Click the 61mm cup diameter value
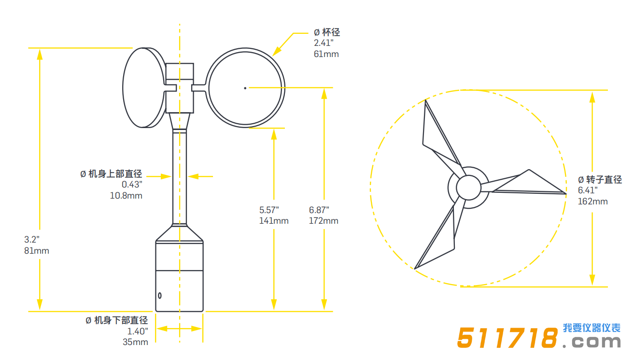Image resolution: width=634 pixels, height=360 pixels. click(326, 54)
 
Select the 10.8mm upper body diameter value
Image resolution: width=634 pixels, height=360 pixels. click(127, 196)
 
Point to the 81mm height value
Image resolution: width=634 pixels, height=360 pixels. click(37, 251)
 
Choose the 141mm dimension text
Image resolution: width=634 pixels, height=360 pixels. click(274, 221)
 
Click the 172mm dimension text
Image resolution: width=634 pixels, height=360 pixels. click(324, 221)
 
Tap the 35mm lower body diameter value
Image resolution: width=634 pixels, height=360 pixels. click(135, 342)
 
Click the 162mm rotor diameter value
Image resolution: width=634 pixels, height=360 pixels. click(593, 201)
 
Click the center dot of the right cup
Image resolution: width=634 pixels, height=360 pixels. click(245, 87)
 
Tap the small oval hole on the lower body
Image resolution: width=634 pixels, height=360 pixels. click(159, 295)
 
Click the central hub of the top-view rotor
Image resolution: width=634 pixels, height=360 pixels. click(468, 187)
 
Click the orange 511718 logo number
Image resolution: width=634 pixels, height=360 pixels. click(507, 338)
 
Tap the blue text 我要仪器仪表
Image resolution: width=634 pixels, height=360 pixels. click(592, 328)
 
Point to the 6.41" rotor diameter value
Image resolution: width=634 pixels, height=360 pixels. click(588, 190)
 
